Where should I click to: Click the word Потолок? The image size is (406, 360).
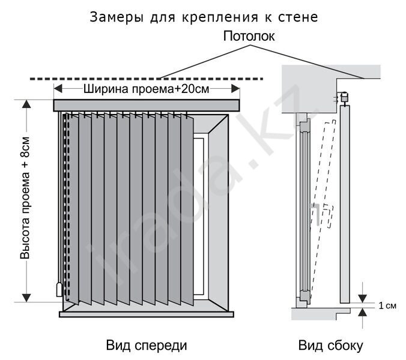click(x=249, y=37)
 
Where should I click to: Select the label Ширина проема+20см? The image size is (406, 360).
click(x=147, y=89)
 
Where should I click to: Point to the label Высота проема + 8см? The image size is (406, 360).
click(x=25, y=198)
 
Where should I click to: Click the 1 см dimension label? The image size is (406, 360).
click(x=387, y=305)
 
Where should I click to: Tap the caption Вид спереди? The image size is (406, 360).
click(x=147, y=346)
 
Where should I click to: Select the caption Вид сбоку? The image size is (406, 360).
click(x=331, y=346)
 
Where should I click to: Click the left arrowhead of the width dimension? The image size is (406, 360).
click(x=58, y=89)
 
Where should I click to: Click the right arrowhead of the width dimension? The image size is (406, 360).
click(x=235, y=89)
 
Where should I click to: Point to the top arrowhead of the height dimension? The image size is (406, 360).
click(x=26, y=104)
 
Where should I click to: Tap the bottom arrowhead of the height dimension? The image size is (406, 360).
click(x=26, y=298)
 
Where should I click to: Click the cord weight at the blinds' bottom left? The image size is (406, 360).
click(x=59, y=289)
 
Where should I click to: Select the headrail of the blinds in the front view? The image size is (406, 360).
click(x=147, y=106)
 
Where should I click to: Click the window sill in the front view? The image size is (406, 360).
click(x=147, y=314)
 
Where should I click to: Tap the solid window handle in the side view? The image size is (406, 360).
click(x=316, y=214)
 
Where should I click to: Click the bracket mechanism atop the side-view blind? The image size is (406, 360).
click(x=344, y=97)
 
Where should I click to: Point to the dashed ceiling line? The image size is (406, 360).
click(x=147, y=79)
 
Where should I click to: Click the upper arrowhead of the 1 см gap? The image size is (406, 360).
click(x=363, y=298)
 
